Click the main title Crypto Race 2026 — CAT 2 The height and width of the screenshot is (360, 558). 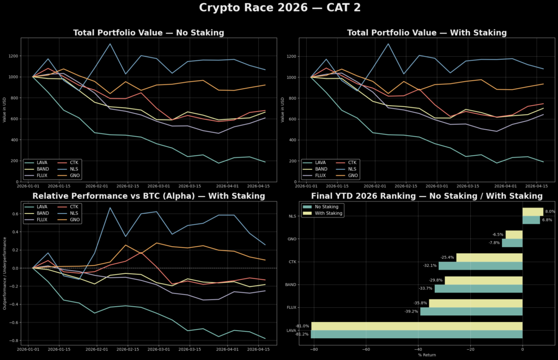click(279, 8)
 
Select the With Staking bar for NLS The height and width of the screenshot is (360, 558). click(532, 212)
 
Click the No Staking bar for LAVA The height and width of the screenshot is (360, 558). click(416, 334)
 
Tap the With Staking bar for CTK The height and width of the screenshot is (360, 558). click(489, 258)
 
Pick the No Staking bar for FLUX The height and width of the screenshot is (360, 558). click(471, 312)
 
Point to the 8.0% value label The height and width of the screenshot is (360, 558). click(550, 212)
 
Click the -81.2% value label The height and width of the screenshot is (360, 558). click(303, 334)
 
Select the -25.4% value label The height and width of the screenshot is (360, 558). click(447, 258)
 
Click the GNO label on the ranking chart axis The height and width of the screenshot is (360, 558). click(292, 239)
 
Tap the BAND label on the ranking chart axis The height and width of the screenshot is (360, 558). click(291, 285)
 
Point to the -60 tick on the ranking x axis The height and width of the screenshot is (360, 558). click(366, 349)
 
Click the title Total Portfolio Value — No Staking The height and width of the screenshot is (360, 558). click(149, 33)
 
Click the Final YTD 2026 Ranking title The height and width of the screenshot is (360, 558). click(427, 196)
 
